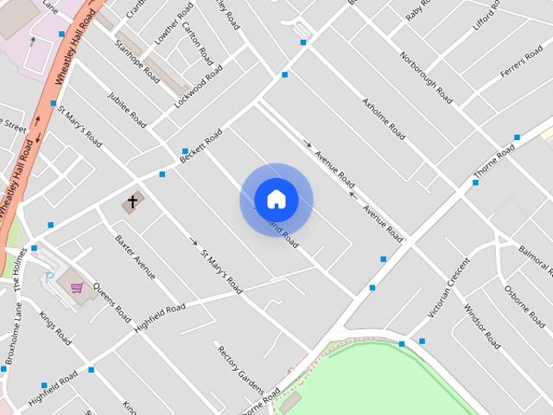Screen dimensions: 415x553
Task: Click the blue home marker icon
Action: click(276, 200)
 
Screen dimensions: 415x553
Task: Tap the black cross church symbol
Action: click(132, 203)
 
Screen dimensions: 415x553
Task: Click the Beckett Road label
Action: click(200, 147)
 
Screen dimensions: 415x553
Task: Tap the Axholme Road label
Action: click(385, 120)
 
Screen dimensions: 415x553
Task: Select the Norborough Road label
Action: click(426, 76)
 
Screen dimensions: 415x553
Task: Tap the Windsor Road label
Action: click(480, 326)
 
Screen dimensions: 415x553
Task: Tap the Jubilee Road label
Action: click(126, 110)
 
